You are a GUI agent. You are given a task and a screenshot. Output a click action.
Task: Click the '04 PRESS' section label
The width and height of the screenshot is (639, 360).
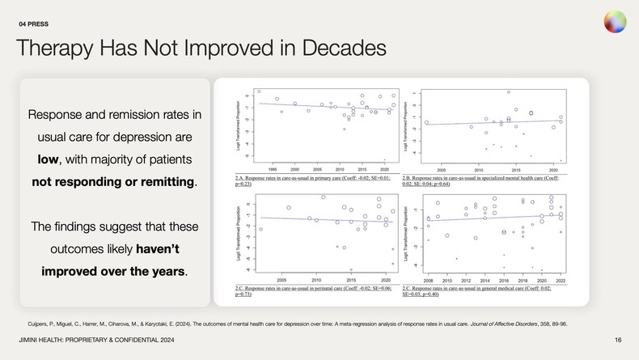tap(36, 23)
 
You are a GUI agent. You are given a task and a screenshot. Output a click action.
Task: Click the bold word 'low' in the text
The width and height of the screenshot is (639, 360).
tap(49, 159)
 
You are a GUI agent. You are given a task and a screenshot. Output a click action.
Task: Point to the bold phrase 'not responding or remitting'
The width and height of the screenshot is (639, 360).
tap(113, 181)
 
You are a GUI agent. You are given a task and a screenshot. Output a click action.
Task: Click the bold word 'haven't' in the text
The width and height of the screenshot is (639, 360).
tap(167, 248)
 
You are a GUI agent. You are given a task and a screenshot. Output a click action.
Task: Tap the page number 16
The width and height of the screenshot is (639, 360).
tap(618, 339)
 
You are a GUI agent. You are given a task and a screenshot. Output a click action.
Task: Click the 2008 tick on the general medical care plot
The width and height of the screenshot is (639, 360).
tap(428, 279)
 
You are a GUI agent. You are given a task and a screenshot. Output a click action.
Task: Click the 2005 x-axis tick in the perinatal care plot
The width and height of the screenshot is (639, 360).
tap(281, 279)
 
